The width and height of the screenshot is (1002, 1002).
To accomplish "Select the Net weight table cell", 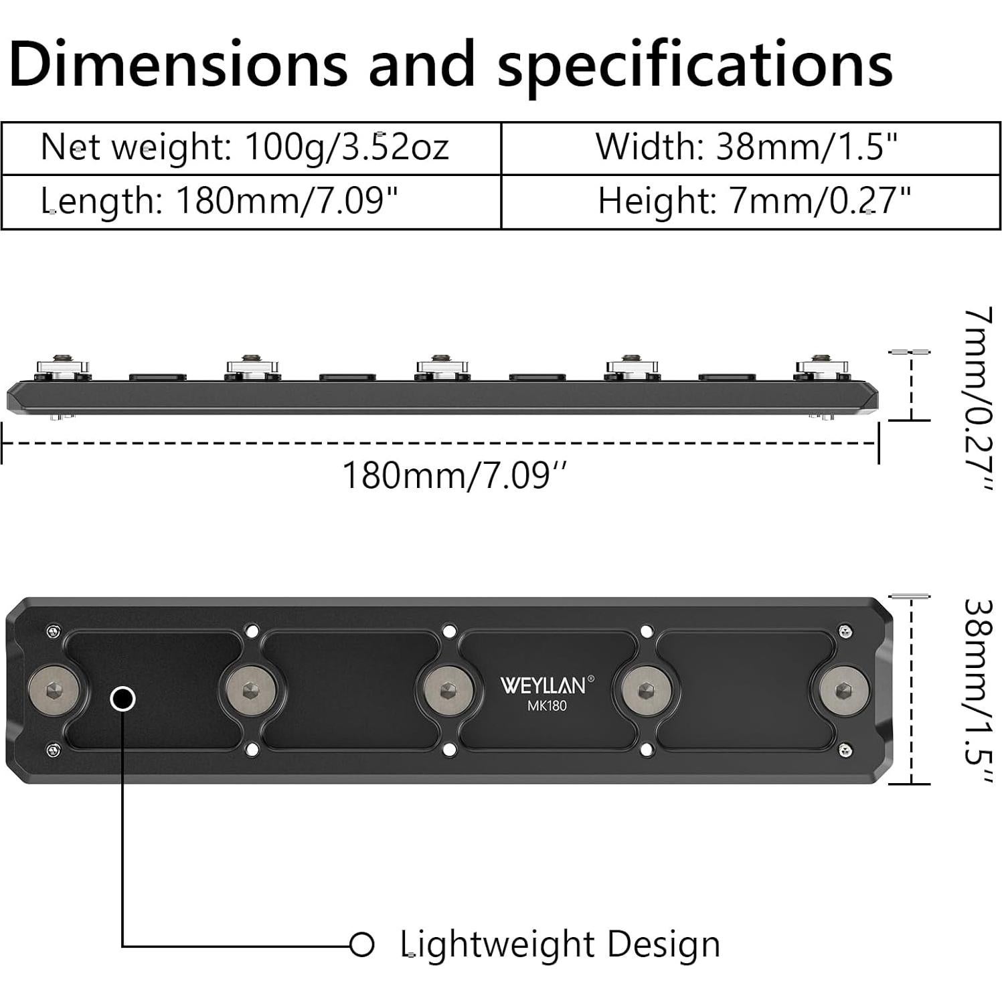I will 244,147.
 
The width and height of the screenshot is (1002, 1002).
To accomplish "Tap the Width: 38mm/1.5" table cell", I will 746,147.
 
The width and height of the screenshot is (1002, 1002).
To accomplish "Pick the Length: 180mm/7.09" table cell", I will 221,201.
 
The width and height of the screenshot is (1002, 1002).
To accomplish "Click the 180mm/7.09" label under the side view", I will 454,476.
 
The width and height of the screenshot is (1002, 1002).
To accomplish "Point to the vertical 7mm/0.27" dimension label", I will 977,398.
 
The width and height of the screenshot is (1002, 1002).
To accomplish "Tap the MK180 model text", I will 546,705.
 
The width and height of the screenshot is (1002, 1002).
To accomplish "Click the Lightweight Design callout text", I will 560,944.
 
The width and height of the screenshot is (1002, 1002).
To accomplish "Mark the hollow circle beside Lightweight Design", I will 362,944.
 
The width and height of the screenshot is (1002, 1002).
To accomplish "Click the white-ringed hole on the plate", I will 122,699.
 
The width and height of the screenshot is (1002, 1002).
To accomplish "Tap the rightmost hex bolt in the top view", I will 843,690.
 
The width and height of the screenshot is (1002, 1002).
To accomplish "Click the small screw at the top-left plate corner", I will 54,631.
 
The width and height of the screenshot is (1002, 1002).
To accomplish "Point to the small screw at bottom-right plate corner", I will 845,750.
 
